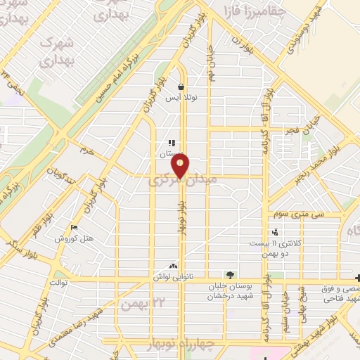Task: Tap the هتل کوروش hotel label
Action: click(x=75, y=238)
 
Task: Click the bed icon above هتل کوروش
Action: click(x=75, y=227)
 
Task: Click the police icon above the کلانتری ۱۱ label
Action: click(x=274, y=232)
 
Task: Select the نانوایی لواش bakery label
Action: click(x=172, y=277)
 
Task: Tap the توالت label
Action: click(x=56, y=282)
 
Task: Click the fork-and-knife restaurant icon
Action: click(x=172, y=144)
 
